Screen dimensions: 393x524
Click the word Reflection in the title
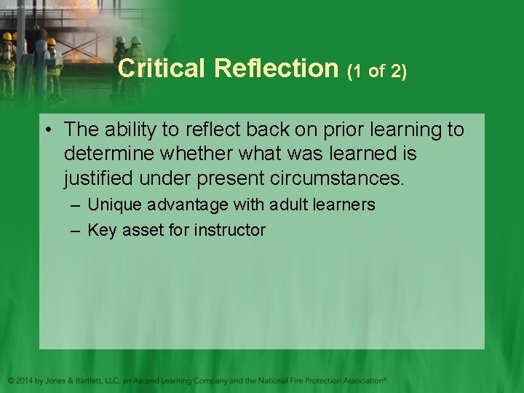(x=277, y=68)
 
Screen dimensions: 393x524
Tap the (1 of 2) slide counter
(x=377, y=71)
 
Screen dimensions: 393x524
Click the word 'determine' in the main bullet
(x=111, y=154)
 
